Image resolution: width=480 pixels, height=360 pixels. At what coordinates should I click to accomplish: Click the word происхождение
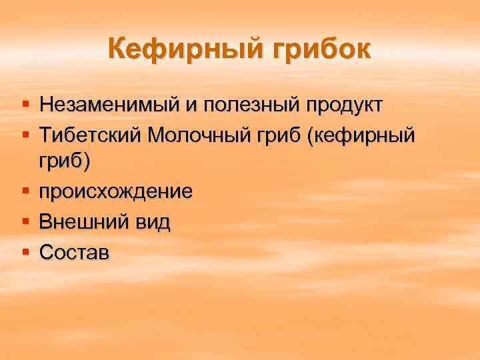(x=116, y=192)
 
